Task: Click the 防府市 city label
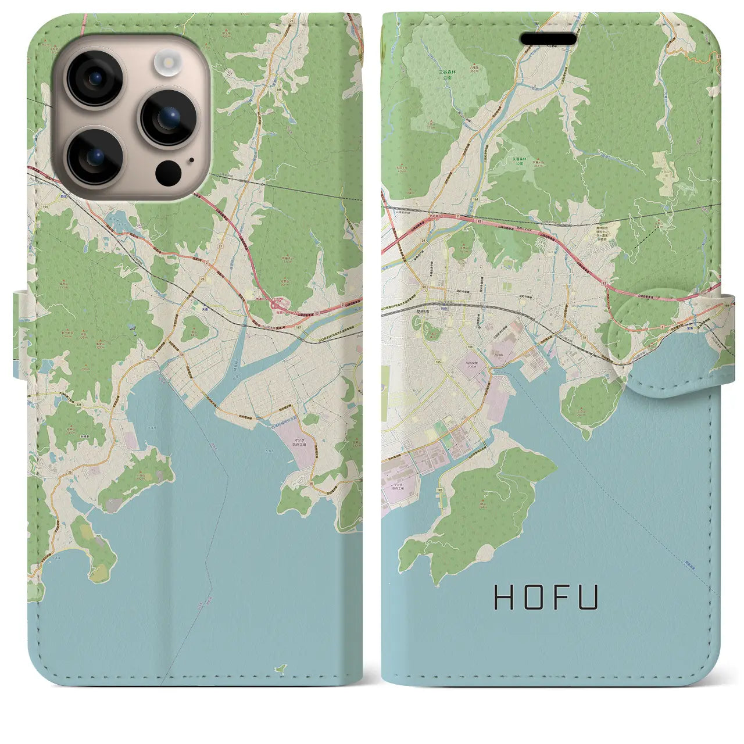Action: pyautogui.click(x=423, y=312)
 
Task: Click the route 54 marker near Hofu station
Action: pyautogui.click(x=425, y=288)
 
